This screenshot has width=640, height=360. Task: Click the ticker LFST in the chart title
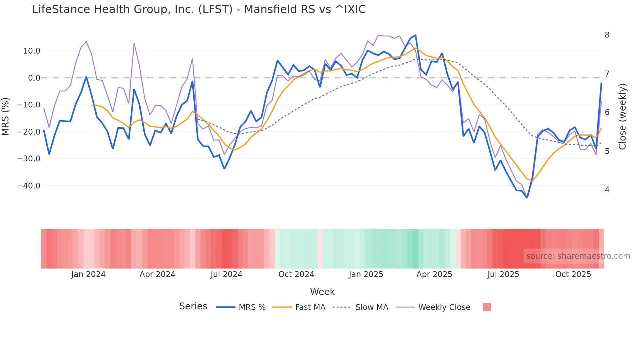(x=216, y=9)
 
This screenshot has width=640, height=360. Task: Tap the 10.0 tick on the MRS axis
(x=32, y=51)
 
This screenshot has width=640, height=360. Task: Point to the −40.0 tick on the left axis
(x=29, y=186)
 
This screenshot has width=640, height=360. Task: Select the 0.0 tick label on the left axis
(x=34, y=78)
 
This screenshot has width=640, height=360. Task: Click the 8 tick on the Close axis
(x=607, y=35)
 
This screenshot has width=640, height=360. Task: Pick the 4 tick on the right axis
(x=607, y=190)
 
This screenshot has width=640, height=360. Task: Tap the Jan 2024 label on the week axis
(x=88, y=274)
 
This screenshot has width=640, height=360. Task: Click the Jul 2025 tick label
(x=503, y=274)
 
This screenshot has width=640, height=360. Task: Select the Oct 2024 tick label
(x=296, y=274)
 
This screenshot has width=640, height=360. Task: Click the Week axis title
(x=322, y=292)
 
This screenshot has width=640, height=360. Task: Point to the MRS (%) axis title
(x=6, y=116)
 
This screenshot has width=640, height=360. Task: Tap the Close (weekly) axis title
(x=622, y=116)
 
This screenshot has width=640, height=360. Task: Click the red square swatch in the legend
(x=487, y=307)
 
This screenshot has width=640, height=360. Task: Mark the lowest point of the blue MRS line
(x=527, y=198)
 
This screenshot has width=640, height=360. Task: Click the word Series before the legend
(x=193, y=306)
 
